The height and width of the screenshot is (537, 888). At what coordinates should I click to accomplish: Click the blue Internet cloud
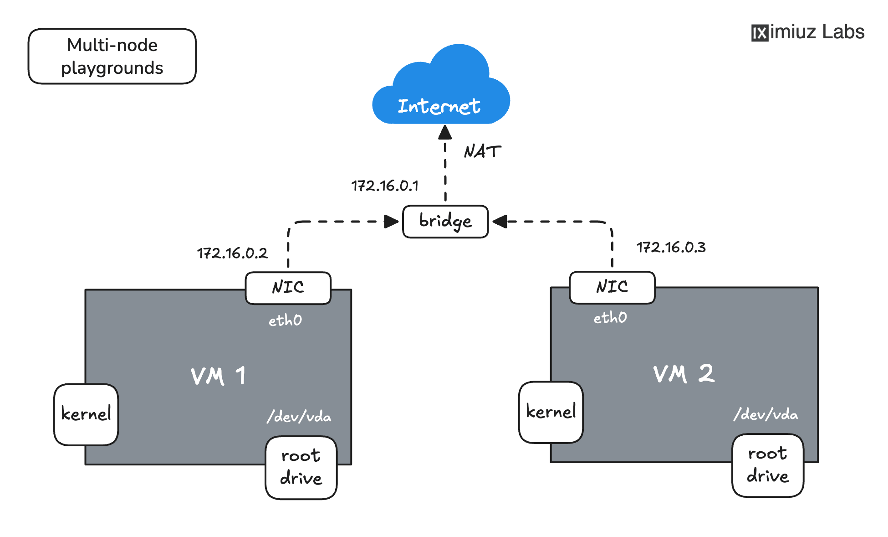tap(441, 91)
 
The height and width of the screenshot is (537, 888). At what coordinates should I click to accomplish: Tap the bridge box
tap(445, 222)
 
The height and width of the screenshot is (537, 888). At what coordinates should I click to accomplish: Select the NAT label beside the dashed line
tap(482, 151)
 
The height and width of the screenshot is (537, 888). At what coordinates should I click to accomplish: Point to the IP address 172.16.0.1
tap(385, 186)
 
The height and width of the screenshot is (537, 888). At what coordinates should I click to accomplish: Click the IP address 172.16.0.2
tap(232, 253)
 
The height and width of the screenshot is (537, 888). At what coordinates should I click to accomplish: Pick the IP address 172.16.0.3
tap(671, 247)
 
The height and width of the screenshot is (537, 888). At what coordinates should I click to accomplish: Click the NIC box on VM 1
tap(288, 288)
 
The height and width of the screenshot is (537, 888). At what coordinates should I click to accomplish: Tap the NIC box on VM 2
tap(612, 287)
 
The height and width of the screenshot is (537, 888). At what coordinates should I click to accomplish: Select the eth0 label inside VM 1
tap(285, 320)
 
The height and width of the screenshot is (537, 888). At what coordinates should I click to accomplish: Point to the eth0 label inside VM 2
tap(610, 318)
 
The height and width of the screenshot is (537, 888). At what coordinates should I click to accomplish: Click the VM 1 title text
tap(219, 377)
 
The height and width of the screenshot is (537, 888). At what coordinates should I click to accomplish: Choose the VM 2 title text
tap(684, 374)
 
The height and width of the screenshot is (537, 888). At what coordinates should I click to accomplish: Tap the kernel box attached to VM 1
tap(86, 414)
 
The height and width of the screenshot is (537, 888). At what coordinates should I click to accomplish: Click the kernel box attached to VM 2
tap(551, 412)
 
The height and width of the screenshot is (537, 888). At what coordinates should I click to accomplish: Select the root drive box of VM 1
tap(301, 467)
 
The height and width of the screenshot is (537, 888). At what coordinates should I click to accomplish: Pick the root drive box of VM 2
tap(768, 465)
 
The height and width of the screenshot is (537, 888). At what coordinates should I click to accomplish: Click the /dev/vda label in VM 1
tap(299, 416)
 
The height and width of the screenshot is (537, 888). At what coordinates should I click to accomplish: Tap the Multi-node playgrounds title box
tap(112, 57)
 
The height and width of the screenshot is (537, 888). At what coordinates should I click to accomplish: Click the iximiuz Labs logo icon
tap(760, 33)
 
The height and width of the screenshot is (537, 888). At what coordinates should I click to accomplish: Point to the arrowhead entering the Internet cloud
tap(445, 133)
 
